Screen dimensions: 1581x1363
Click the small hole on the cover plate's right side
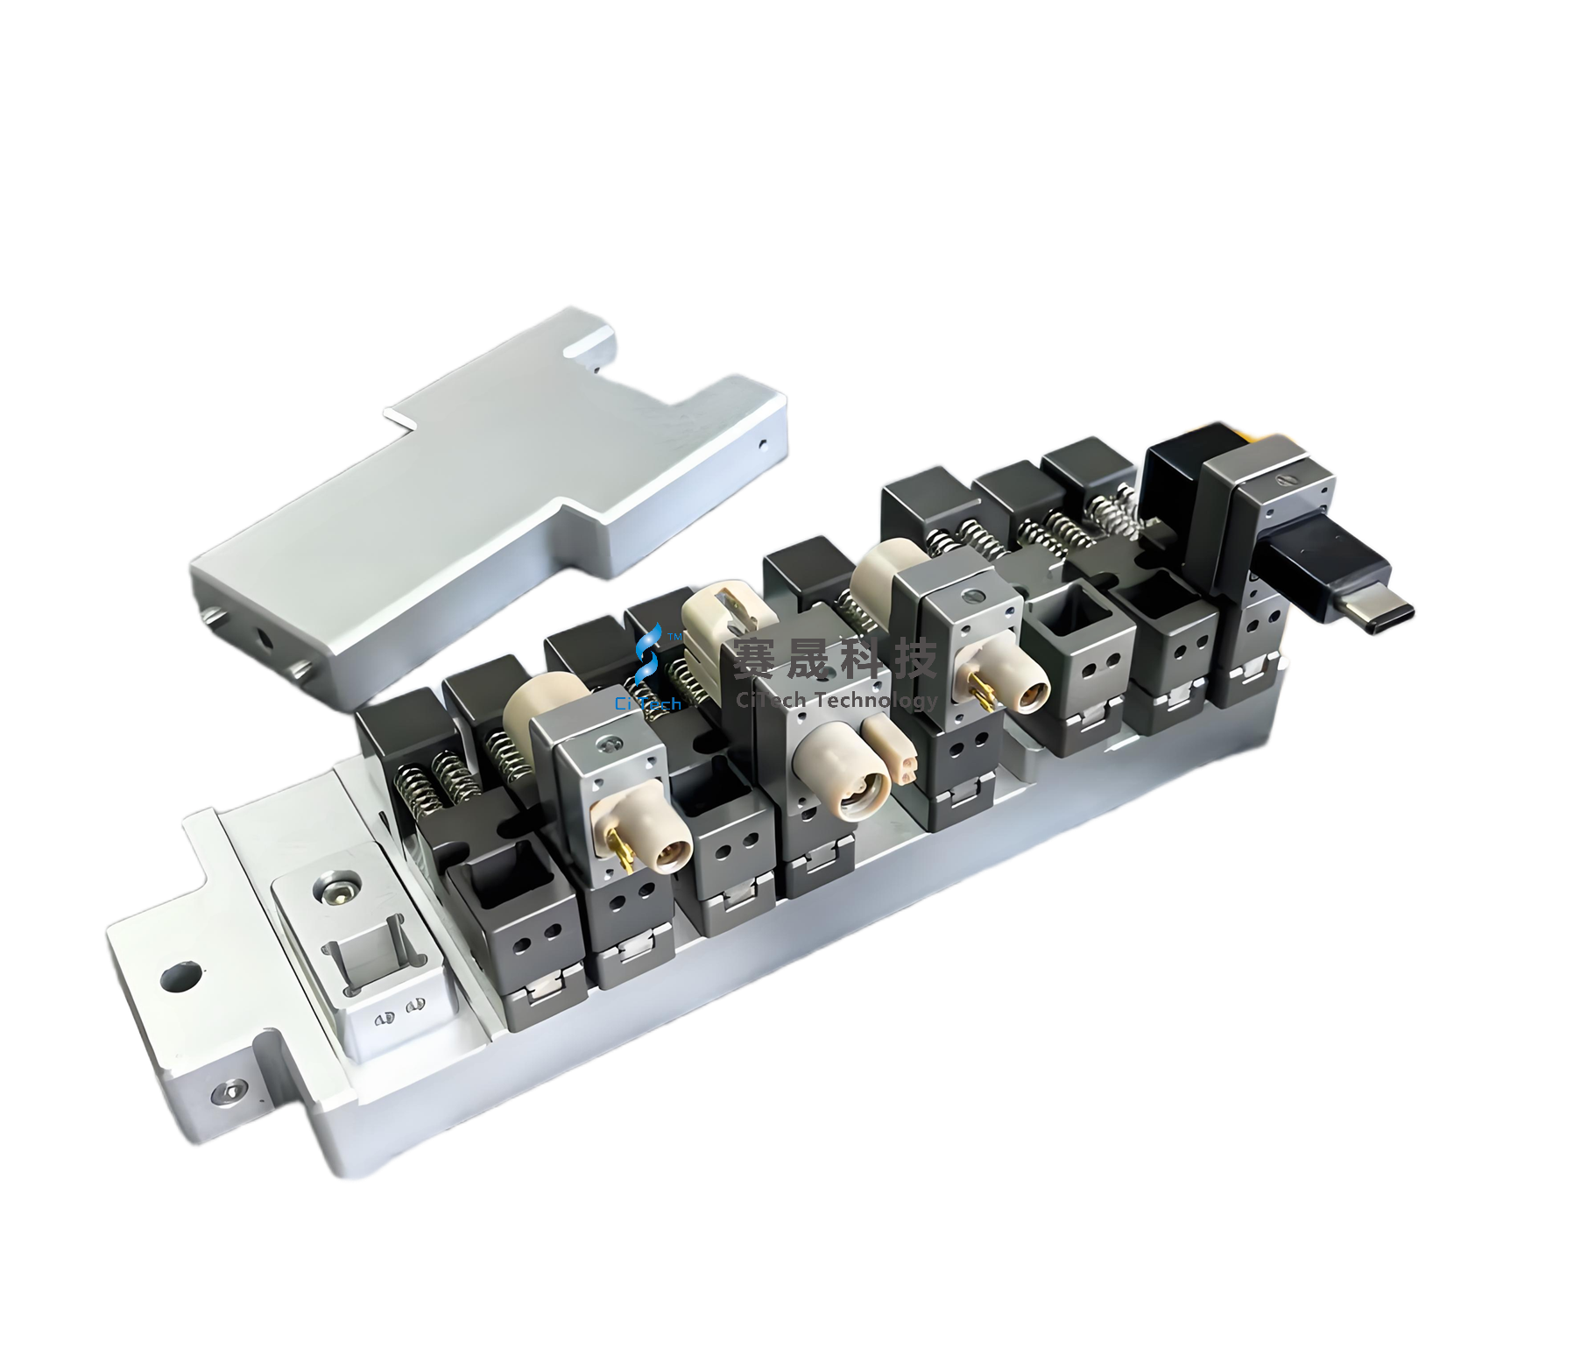[x=763, y=443]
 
